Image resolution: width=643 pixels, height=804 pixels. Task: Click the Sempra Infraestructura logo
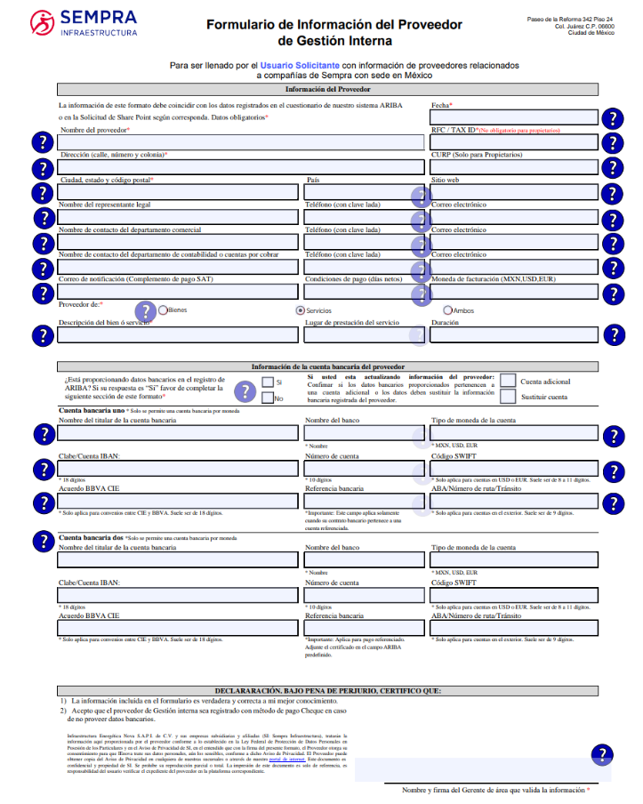84,23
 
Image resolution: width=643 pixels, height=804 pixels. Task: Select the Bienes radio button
163,310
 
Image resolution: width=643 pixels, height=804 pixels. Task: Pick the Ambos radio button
447,310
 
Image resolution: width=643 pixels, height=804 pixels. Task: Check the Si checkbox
268,382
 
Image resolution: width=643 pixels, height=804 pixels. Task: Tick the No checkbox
268,398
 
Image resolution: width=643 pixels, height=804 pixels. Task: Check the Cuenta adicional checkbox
508,381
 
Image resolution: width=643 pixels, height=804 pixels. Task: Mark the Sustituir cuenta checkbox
508,397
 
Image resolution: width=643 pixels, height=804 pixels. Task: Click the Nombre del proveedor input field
241,142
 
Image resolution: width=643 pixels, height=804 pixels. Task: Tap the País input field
364,192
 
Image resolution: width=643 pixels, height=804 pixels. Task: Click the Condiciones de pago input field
364,292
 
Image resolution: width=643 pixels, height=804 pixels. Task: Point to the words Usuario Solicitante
299,66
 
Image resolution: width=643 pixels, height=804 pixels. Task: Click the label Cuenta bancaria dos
89,538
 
